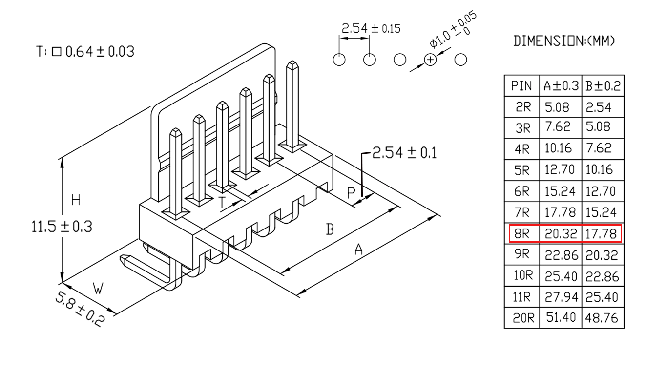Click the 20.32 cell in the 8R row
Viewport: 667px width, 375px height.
561,234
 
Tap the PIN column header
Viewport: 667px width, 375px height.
521,86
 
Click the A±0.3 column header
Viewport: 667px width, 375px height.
561,86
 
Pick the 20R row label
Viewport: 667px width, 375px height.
523,318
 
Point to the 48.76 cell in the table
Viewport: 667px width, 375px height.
601,318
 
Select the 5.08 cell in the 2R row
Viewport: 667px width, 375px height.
557,107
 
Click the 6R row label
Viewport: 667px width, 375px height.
521,191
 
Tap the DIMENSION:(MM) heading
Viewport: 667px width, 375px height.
564,41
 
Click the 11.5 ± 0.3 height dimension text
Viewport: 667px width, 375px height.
62,227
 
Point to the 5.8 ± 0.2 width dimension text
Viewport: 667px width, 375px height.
80,309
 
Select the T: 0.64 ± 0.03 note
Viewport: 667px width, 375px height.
85,51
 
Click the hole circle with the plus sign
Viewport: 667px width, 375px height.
430,60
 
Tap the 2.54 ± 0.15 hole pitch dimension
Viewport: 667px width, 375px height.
371,29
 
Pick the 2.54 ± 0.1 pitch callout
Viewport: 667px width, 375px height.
404,152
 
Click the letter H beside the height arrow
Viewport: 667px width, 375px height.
76,200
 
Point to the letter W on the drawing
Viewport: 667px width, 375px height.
98,288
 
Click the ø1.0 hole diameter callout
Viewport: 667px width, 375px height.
453,29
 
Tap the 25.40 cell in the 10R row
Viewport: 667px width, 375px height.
561,276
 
